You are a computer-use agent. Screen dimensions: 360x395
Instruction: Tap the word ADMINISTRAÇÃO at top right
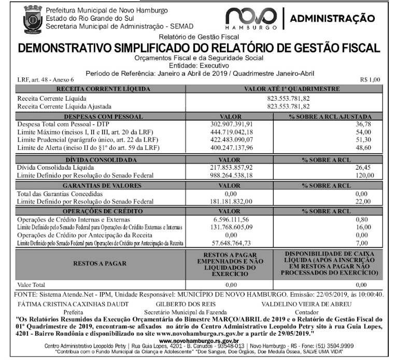(x=333, y=19)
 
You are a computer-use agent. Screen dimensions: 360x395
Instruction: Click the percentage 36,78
(x=365, y=124)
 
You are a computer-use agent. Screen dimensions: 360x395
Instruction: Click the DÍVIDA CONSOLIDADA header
(x=98, y=160)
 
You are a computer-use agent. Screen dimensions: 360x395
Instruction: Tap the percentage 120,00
(x=363, y=175)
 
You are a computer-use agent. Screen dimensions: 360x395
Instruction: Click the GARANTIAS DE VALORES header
(x=98, y=185)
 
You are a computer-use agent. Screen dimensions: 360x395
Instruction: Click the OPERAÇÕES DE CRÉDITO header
(x=98, y=211)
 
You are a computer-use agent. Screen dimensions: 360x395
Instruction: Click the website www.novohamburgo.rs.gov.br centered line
(x=198, y=340)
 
